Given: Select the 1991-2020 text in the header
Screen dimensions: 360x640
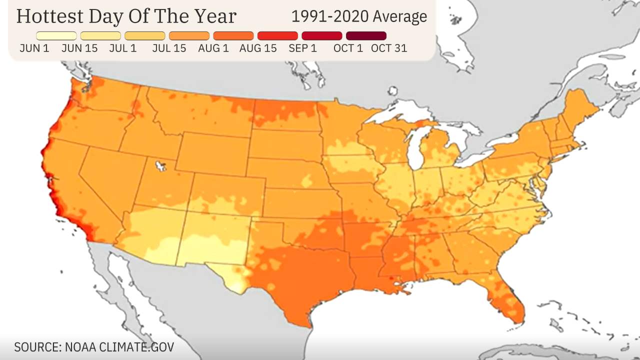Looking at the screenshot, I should tap(323, 16).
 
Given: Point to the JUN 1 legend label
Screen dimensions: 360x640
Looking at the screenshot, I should tap(33, 48).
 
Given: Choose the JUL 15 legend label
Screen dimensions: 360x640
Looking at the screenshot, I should tap(169, 48).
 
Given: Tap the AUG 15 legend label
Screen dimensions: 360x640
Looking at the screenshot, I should tap(258, 48).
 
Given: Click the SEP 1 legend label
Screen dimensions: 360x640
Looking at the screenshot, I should tap(302, 48).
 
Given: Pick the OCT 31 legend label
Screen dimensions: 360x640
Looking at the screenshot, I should tap(389, 48).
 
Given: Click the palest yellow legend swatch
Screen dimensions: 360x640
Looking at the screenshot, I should tap(56, 36).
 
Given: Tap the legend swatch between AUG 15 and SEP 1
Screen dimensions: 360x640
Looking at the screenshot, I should tap(277, 36).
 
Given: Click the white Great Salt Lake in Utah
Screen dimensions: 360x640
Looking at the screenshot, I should tap(160, 165).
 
